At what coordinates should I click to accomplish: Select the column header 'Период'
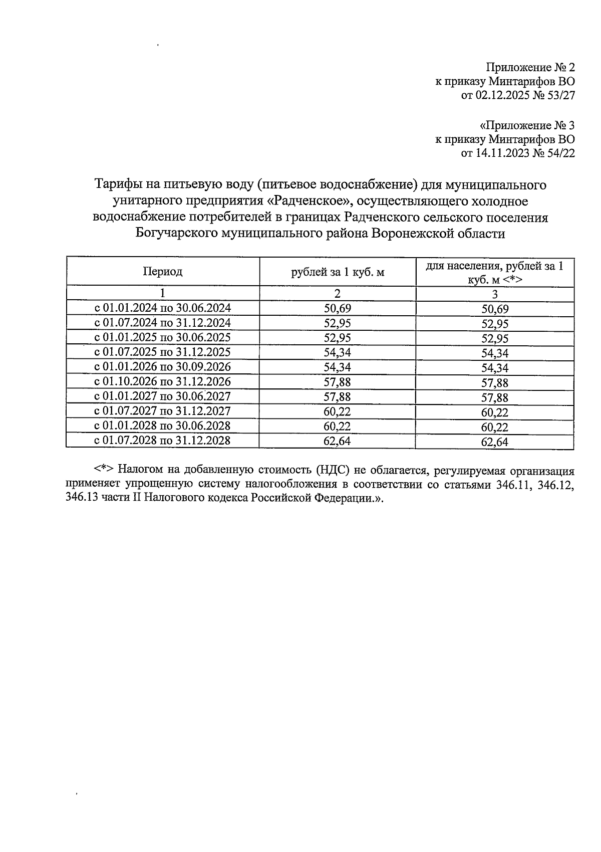163,272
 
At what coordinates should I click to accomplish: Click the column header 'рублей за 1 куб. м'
338,272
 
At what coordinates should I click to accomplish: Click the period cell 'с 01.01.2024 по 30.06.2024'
163,308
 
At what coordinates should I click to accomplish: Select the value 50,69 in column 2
338,309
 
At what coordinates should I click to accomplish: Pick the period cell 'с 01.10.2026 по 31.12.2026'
163,381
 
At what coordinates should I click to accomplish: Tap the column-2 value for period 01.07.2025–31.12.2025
338,352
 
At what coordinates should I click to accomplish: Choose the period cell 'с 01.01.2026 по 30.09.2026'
163,367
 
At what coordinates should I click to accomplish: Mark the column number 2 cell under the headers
338,294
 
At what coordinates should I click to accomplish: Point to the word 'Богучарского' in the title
176,234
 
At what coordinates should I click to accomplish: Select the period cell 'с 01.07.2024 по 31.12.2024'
163,322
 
